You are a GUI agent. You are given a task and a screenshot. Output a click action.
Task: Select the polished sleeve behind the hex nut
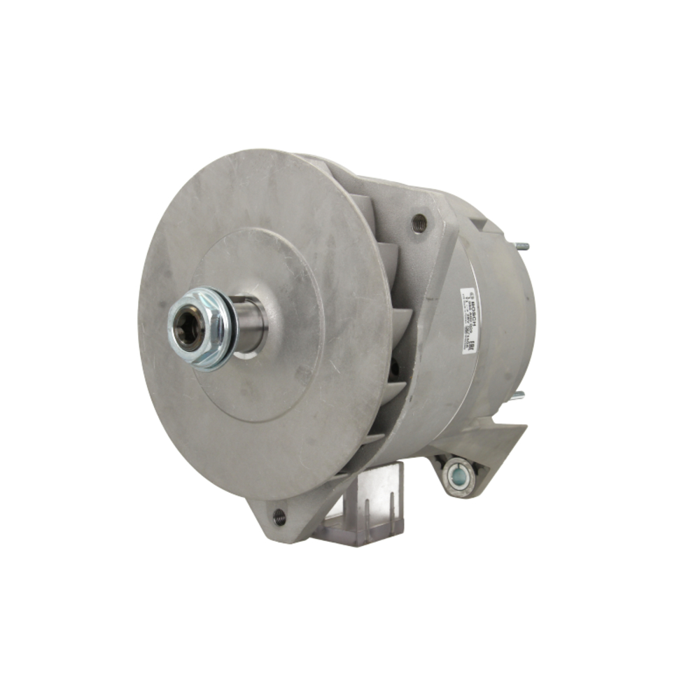coord(249,323)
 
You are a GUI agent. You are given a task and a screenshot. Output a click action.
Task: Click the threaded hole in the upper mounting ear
coord(420,223)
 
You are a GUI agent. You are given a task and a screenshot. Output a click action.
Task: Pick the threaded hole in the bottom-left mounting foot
coord(279,517)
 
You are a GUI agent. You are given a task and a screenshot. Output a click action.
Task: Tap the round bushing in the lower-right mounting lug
coord(459,475)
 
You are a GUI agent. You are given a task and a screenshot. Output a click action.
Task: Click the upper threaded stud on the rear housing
coord(522,246)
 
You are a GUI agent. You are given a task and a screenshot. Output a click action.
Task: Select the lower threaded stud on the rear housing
coord(517,397)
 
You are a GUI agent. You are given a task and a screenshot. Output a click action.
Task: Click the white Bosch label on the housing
coord(468,319)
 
